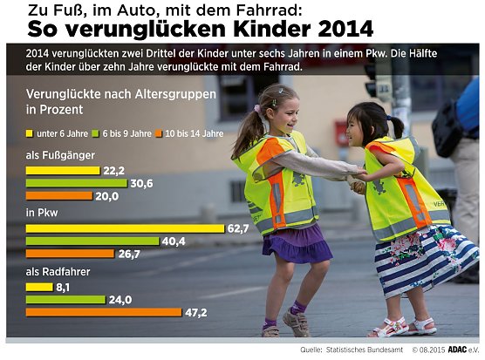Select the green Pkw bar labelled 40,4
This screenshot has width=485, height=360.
click(92, 241)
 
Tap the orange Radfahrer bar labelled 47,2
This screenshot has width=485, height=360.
click(104, 311)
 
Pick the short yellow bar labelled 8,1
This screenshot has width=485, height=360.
click(39, 286)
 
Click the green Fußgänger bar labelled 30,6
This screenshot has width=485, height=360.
click(77, 183)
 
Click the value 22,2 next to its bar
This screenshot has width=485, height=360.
click(114, 171)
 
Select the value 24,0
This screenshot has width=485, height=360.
click(120, 299)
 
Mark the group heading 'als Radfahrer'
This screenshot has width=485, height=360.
click(58, 271)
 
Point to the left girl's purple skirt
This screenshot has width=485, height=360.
click(297, 243)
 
